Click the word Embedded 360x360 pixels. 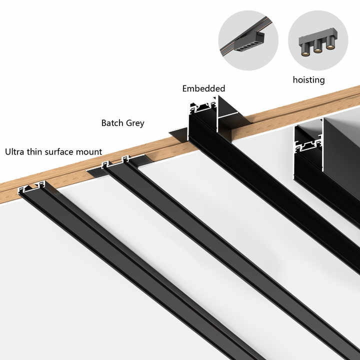[203, 88]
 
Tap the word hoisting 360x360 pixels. [308, 79]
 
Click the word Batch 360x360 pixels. [113, 123]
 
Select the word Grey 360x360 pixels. [135, 123]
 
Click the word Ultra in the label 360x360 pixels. [15, 151]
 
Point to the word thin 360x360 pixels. [37, 151]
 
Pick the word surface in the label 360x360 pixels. [63, 151]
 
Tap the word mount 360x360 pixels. [91, 151]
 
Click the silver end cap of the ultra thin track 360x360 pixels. [31, 188]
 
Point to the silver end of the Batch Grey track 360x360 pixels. [115, 162]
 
